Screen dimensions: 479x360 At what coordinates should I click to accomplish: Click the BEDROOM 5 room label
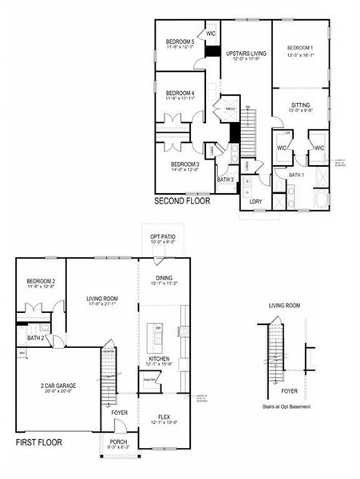[x=180, y=42]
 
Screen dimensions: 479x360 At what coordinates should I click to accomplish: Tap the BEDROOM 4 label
[x=180, y=93]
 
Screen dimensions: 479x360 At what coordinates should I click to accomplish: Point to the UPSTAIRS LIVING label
[x=246, y=53]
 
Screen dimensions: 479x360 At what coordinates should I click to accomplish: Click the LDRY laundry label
[x=255, y=200]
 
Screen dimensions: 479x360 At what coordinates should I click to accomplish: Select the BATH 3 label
[x=226, y=180]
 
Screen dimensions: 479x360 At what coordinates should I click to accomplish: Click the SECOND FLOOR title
[x=182, y=201]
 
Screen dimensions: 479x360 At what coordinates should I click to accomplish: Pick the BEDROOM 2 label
[x=40, y=282]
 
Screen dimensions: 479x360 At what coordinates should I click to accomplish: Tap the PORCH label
[x=117, y=441]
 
